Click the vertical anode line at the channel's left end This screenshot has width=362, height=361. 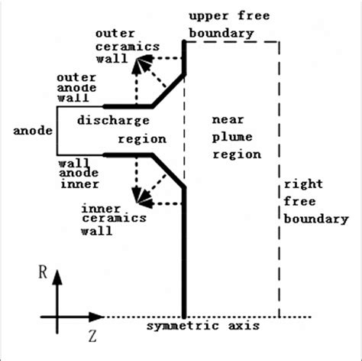click(55, 130)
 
